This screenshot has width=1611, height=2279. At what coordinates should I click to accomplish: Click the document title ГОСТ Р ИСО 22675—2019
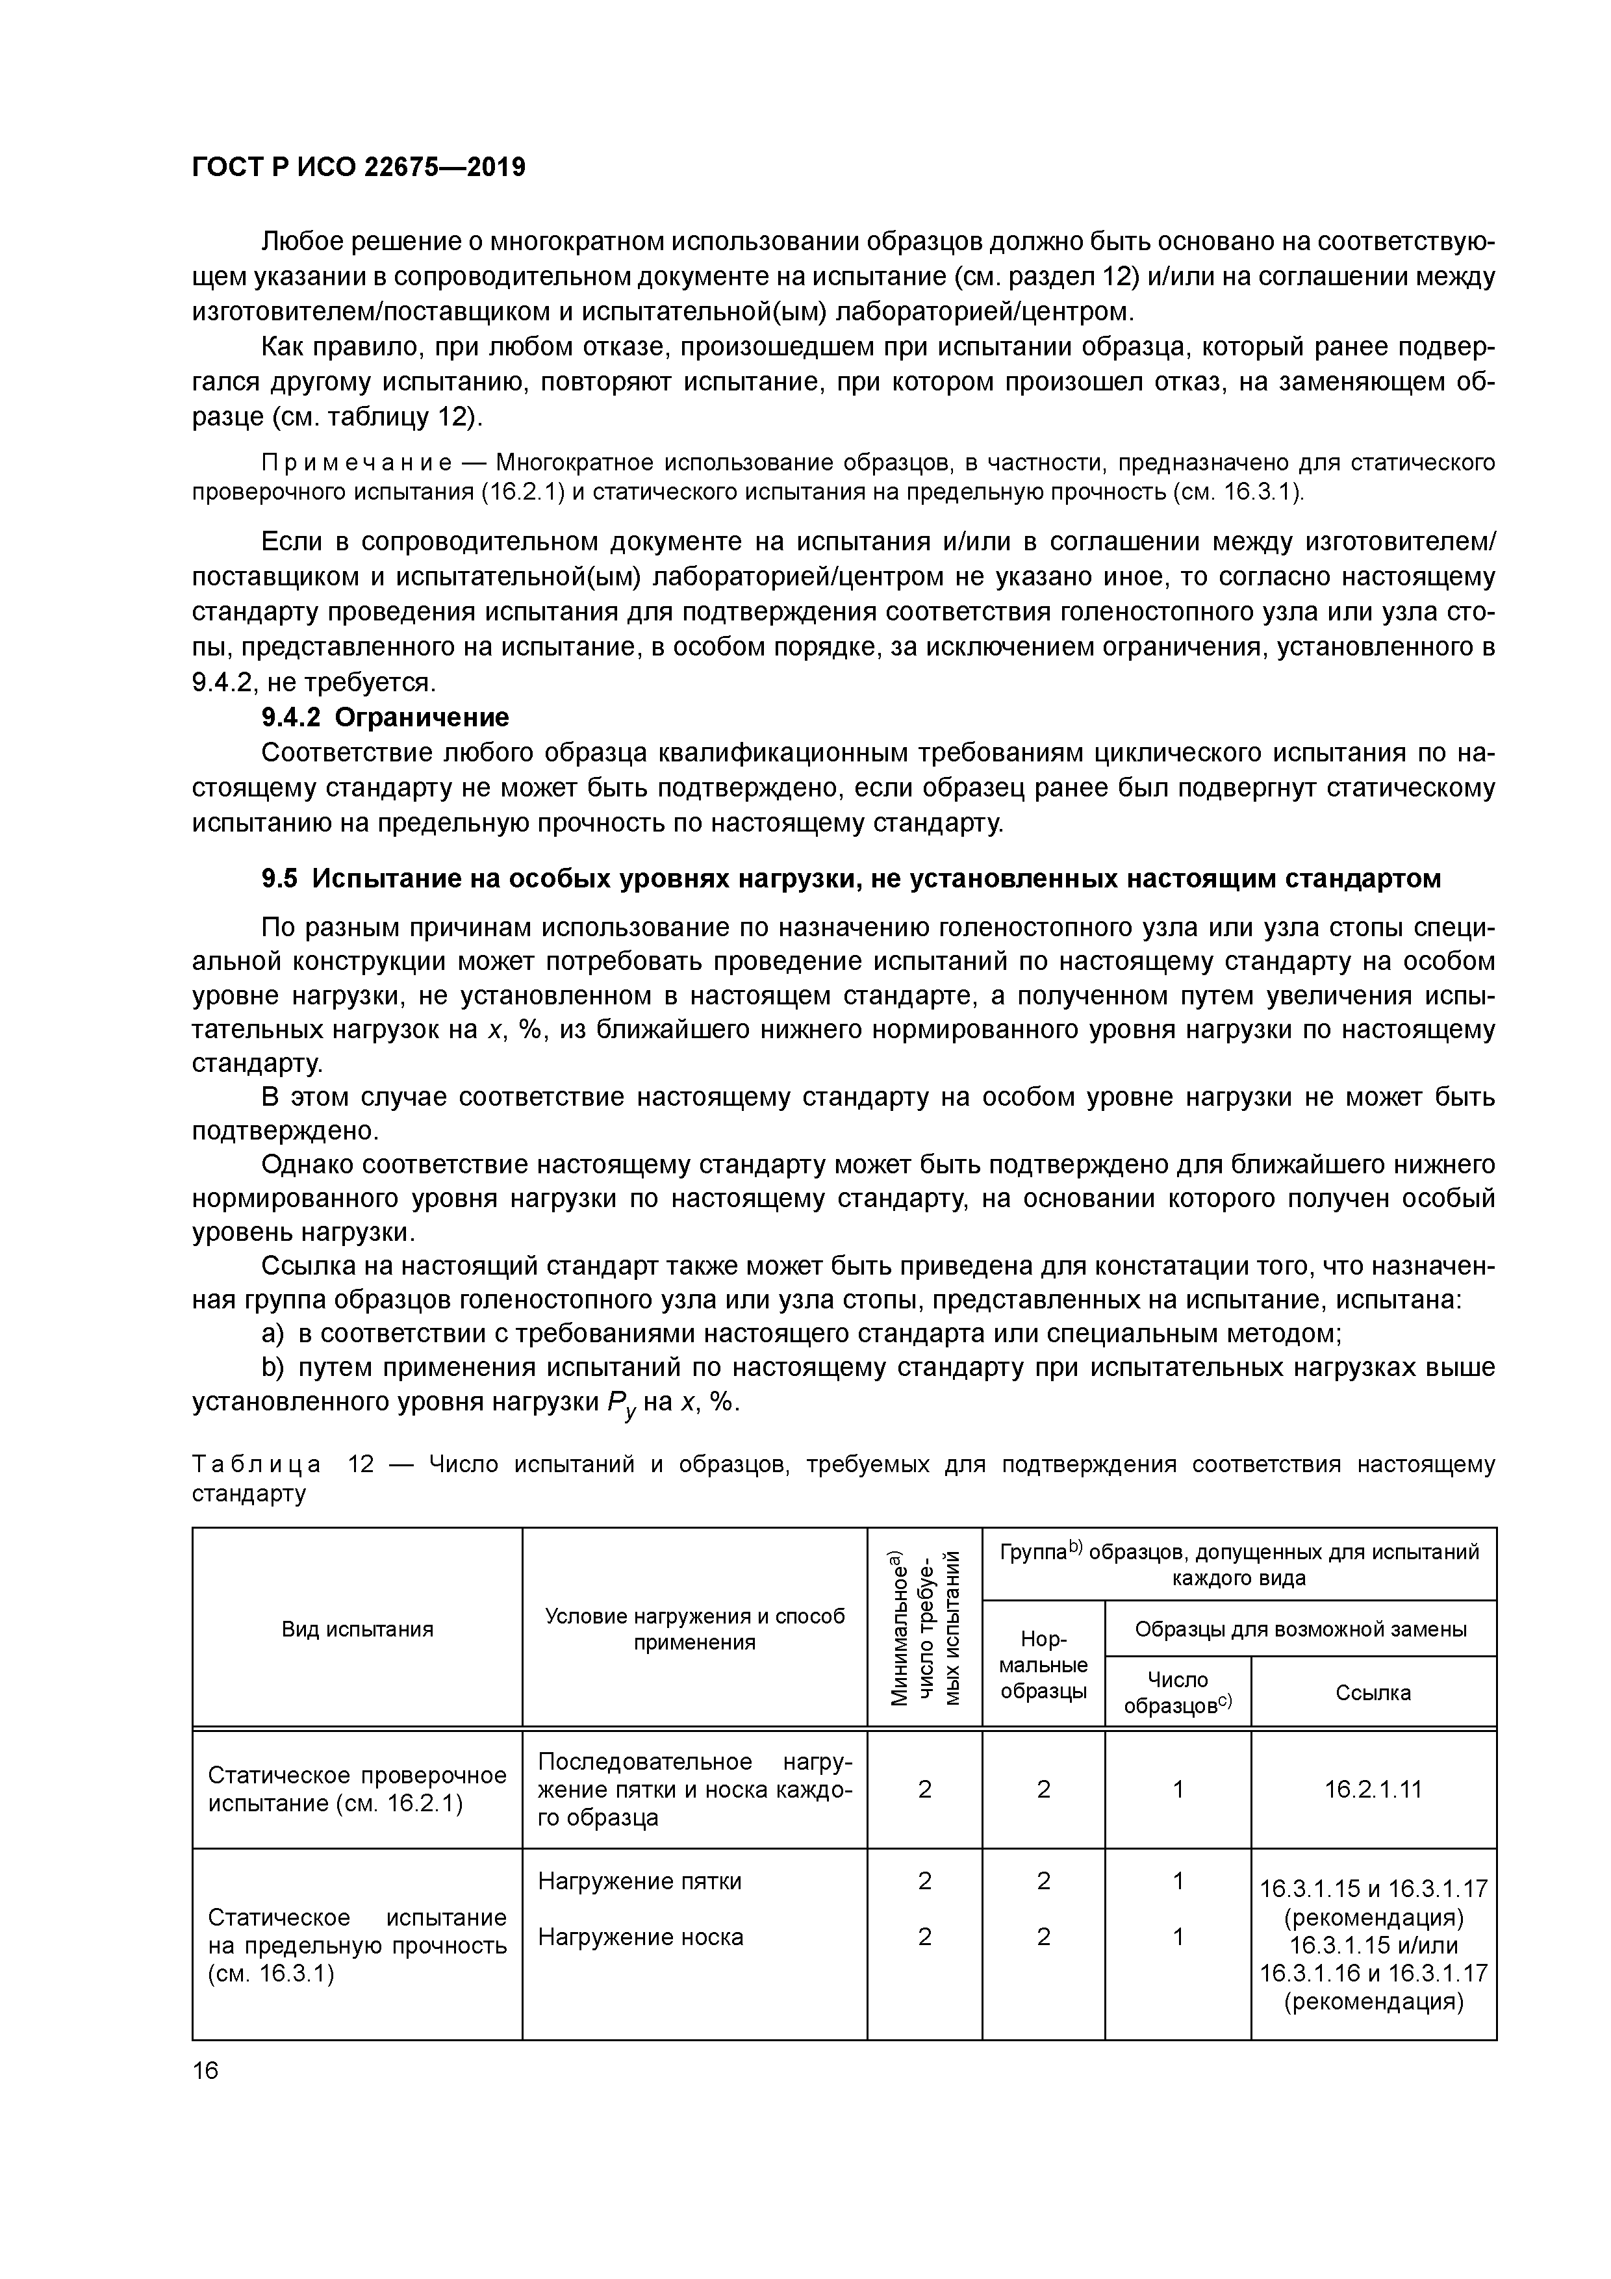[359, 168]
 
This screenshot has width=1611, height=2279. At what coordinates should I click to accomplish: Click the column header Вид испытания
[357, 1629]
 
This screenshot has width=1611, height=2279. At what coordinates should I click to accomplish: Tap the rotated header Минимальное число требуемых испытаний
[924, 1628]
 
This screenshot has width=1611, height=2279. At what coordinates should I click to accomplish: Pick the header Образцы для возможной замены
[1300, 1629]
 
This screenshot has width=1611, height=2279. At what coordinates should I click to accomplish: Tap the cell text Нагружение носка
[641, 1937]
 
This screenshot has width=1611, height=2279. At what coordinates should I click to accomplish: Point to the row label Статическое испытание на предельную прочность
[357, 1946]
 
